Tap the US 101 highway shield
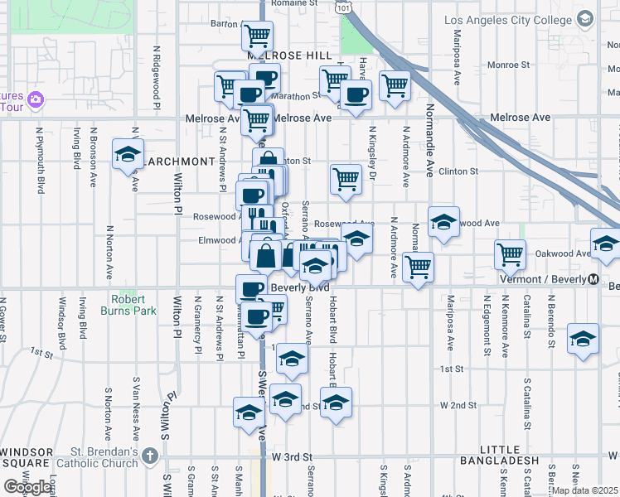[344, 6]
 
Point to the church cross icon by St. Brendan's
[149, 456]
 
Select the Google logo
[27, 487]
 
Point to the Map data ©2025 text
[585, 490]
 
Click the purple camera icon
[35, 100]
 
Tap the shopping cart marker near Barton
[258, 36]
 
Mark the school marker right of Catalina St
[584, 339]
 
